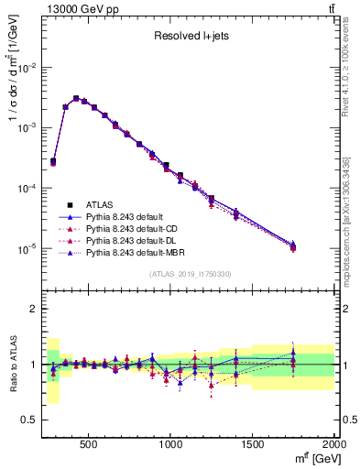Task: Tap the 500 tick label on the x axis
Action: (x=89, y=444)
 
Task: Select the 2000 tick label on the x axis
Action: (x=333, y=444)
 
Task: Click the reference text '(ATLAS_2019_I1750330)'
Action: (x=191, y=274)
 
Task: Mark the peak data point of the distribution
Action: (x=76, y=98)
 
